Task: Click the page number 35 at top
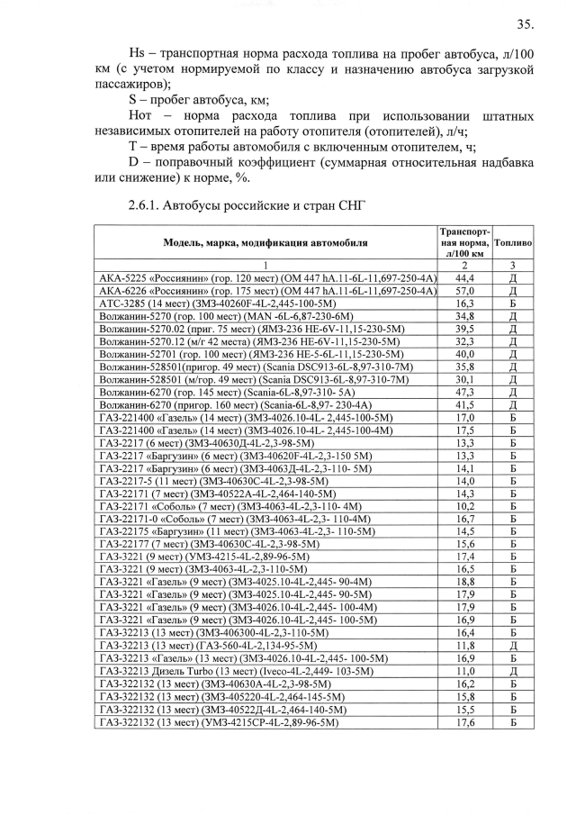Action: (525, 24)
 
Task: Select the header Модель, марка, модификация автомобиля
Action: (265, 243)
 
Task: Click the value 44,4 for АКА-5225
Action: (465, 279)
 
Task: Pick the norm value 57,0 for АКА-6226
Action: (465, 292)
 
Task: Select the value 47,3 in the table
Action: (465, 393)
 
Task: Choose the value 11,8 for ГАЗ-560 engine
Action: (465, 645)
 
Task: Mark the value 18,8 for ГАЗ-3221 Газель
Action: (465, 582)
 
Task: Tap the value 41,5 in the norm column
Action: (465, 405)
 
